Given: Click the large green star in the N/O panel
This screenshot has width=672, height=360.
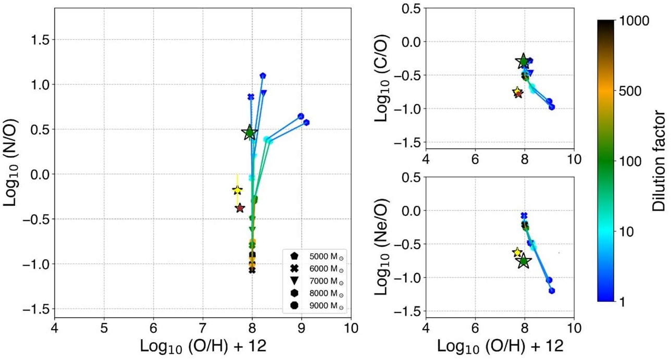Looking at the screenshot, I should coord(250,132).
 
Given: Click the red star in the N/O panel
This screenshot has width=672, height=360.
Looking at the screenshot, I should coord(240,208).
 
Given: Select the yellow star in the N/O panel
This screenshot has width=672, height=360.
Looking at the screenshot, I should coord(237,190).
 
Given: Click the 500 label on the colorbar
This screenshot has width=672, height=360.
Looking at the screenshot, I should coord(631,91).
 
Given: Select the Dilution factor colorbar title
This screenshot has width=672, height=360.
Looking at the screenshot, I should coord(659,160).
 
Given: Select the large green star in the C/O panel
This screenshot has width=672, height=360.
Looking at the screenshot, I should coord(523,61).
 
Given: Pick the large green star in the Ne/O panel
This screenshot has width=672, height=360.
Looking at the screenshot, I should coord(524,262).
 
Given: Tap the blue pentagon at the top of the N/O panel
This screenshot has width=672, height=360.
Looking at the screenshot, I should coord(263,76).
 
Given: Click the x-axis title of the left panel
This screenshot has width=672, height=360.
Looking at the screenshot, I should coord(203,345).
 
